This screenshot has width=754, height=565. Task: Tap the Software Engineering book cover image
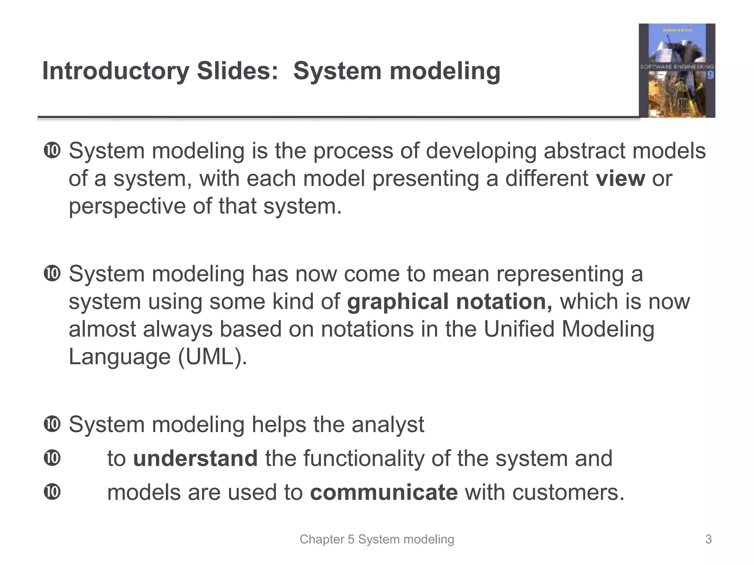pos(677,71)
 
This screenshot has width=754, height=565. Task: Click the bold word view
pos(620,179)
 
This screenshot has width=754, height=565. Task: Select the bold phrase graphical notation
pos(450,302)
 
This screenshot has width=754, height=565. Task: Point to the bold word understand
pos(195,459)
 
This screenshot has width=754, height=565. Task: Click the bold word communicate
pos(384,493)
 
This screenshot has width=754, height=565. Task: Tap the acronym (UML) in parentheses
pos(213,356)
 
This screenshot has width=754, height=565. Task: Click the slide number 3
pos(708,539)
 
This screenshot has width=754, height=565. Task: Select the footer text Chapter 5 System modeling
pos(377,539)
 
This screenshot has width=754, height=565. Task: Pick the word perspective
pos(127,207)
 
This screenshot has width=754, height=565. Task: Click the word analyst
pos(388,424)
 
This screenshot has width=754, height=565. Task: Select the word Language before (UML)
pos(120,356)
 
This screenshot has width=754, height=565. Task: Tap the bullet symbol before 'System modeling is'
pos(52,151)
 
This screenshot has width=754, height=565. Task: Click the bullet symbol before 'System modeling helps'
pos(52,424)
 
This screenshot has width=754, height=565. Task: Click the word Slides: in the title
pos(237,71)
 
